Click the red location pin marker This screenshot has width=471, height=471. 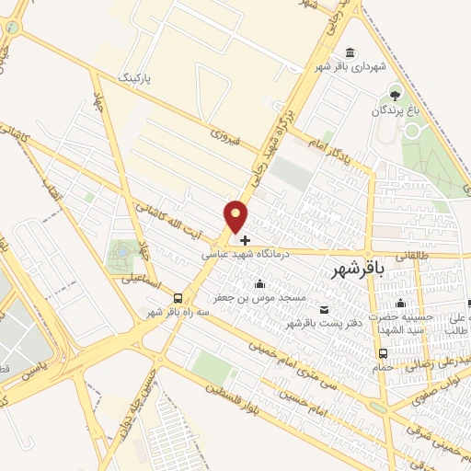click(236, 218)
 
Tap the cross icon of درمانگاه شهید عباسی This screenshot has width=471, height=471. click(245, 239)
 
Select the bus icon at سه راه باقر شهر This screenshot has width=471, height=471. click(178, 298)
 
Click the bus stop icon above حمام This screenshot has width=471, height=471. click(383, 352)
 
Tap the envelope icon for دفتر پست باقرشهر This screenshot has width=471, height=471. click(323, 308)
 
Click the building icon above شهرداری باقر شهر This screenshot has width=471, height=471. click(349, 52)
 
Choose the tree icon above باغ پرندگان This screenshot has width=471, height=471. click(396, 95)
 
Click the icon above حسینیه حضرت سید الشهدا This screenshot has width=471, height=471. click(401, 304)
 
